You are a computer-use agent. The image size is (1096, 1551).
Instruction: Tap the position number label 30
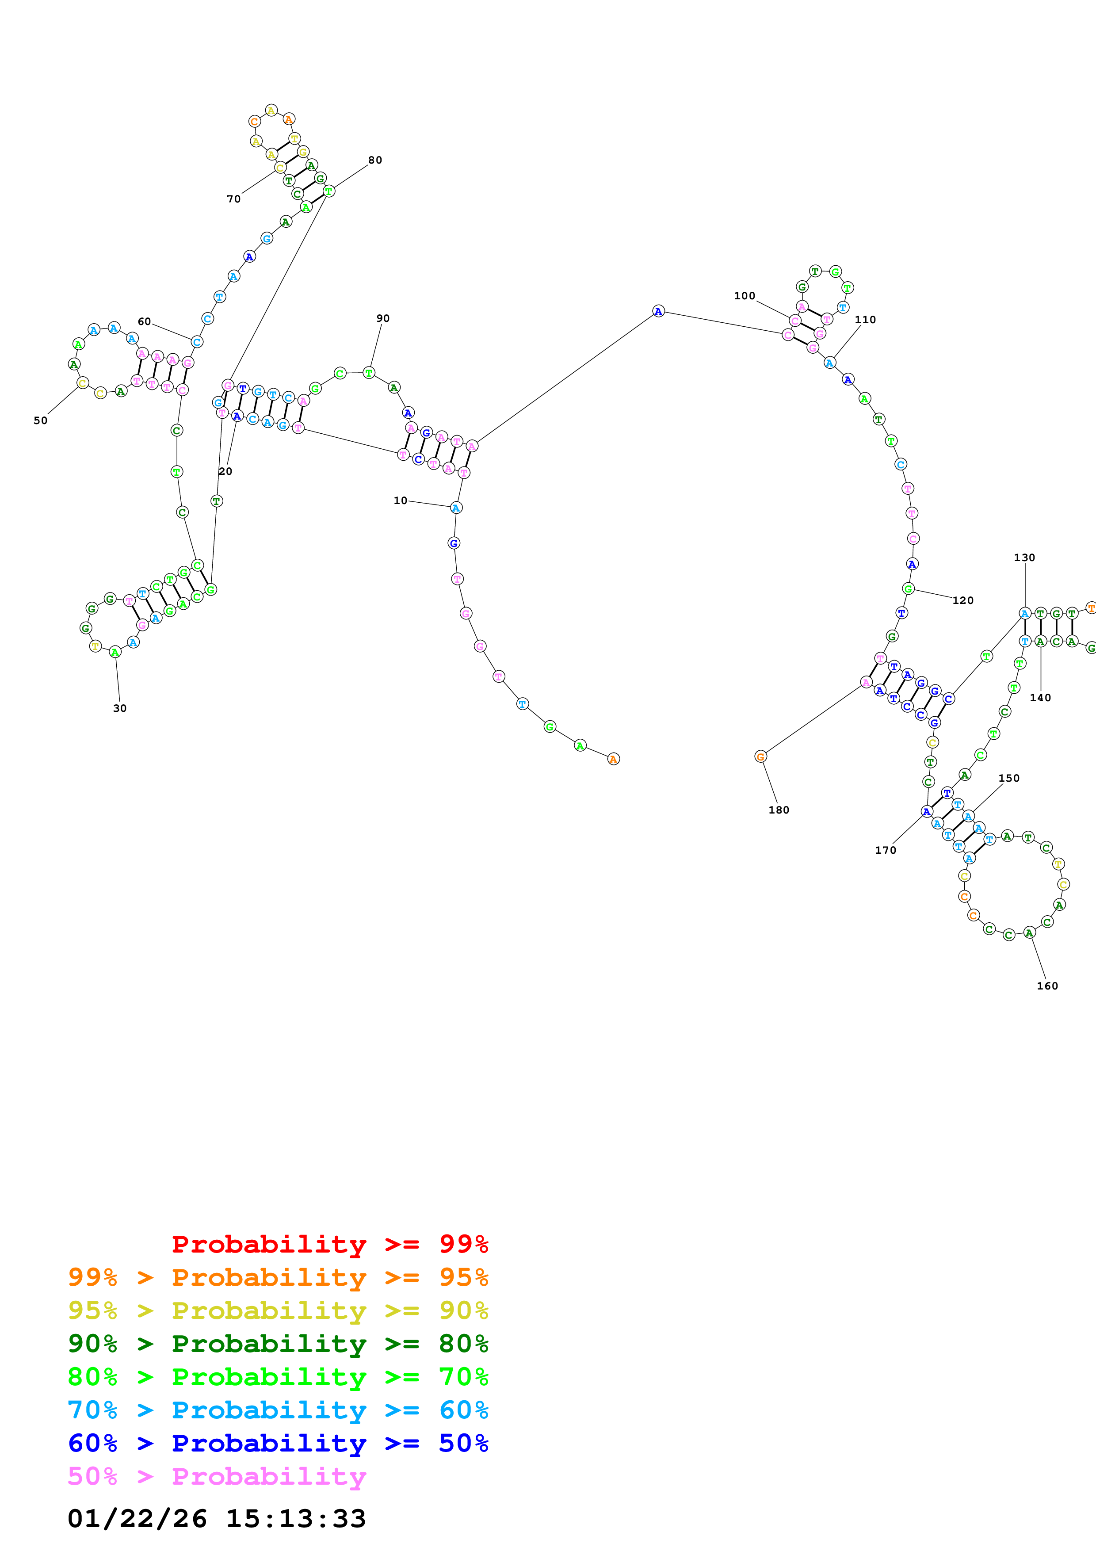pos(119,708)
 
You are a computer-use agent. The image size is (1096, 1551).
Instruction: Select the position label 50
pos(41,420)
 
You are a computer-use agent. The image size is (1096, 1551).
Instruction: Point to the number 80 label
pos(375,160)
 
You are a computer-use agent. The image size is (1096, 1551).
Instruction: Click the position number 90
pos(383,318)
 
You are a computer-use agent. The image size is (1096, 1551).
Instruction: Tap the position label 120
pos(962,600)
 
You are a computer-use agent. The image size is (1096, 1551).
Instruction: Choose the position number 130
pos(1024,557)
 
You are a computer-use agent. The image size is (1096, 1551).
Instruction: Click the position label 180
pos(778,809)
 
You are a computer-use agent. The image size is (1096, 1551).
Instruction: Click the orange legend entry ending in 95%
pos(278,1277)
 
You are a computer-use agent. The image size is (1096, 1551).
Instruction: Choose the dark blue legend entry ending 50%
pos(278,1443)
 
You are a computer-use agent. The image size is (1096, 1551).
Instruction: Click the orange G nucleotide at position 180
pos(760,756)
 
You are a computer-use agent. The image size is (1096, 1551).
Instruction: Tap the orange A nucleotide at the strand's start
pos(613,759)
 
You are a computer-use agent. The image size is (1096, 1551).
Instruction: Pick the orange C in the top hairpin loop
pos(254,122)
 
